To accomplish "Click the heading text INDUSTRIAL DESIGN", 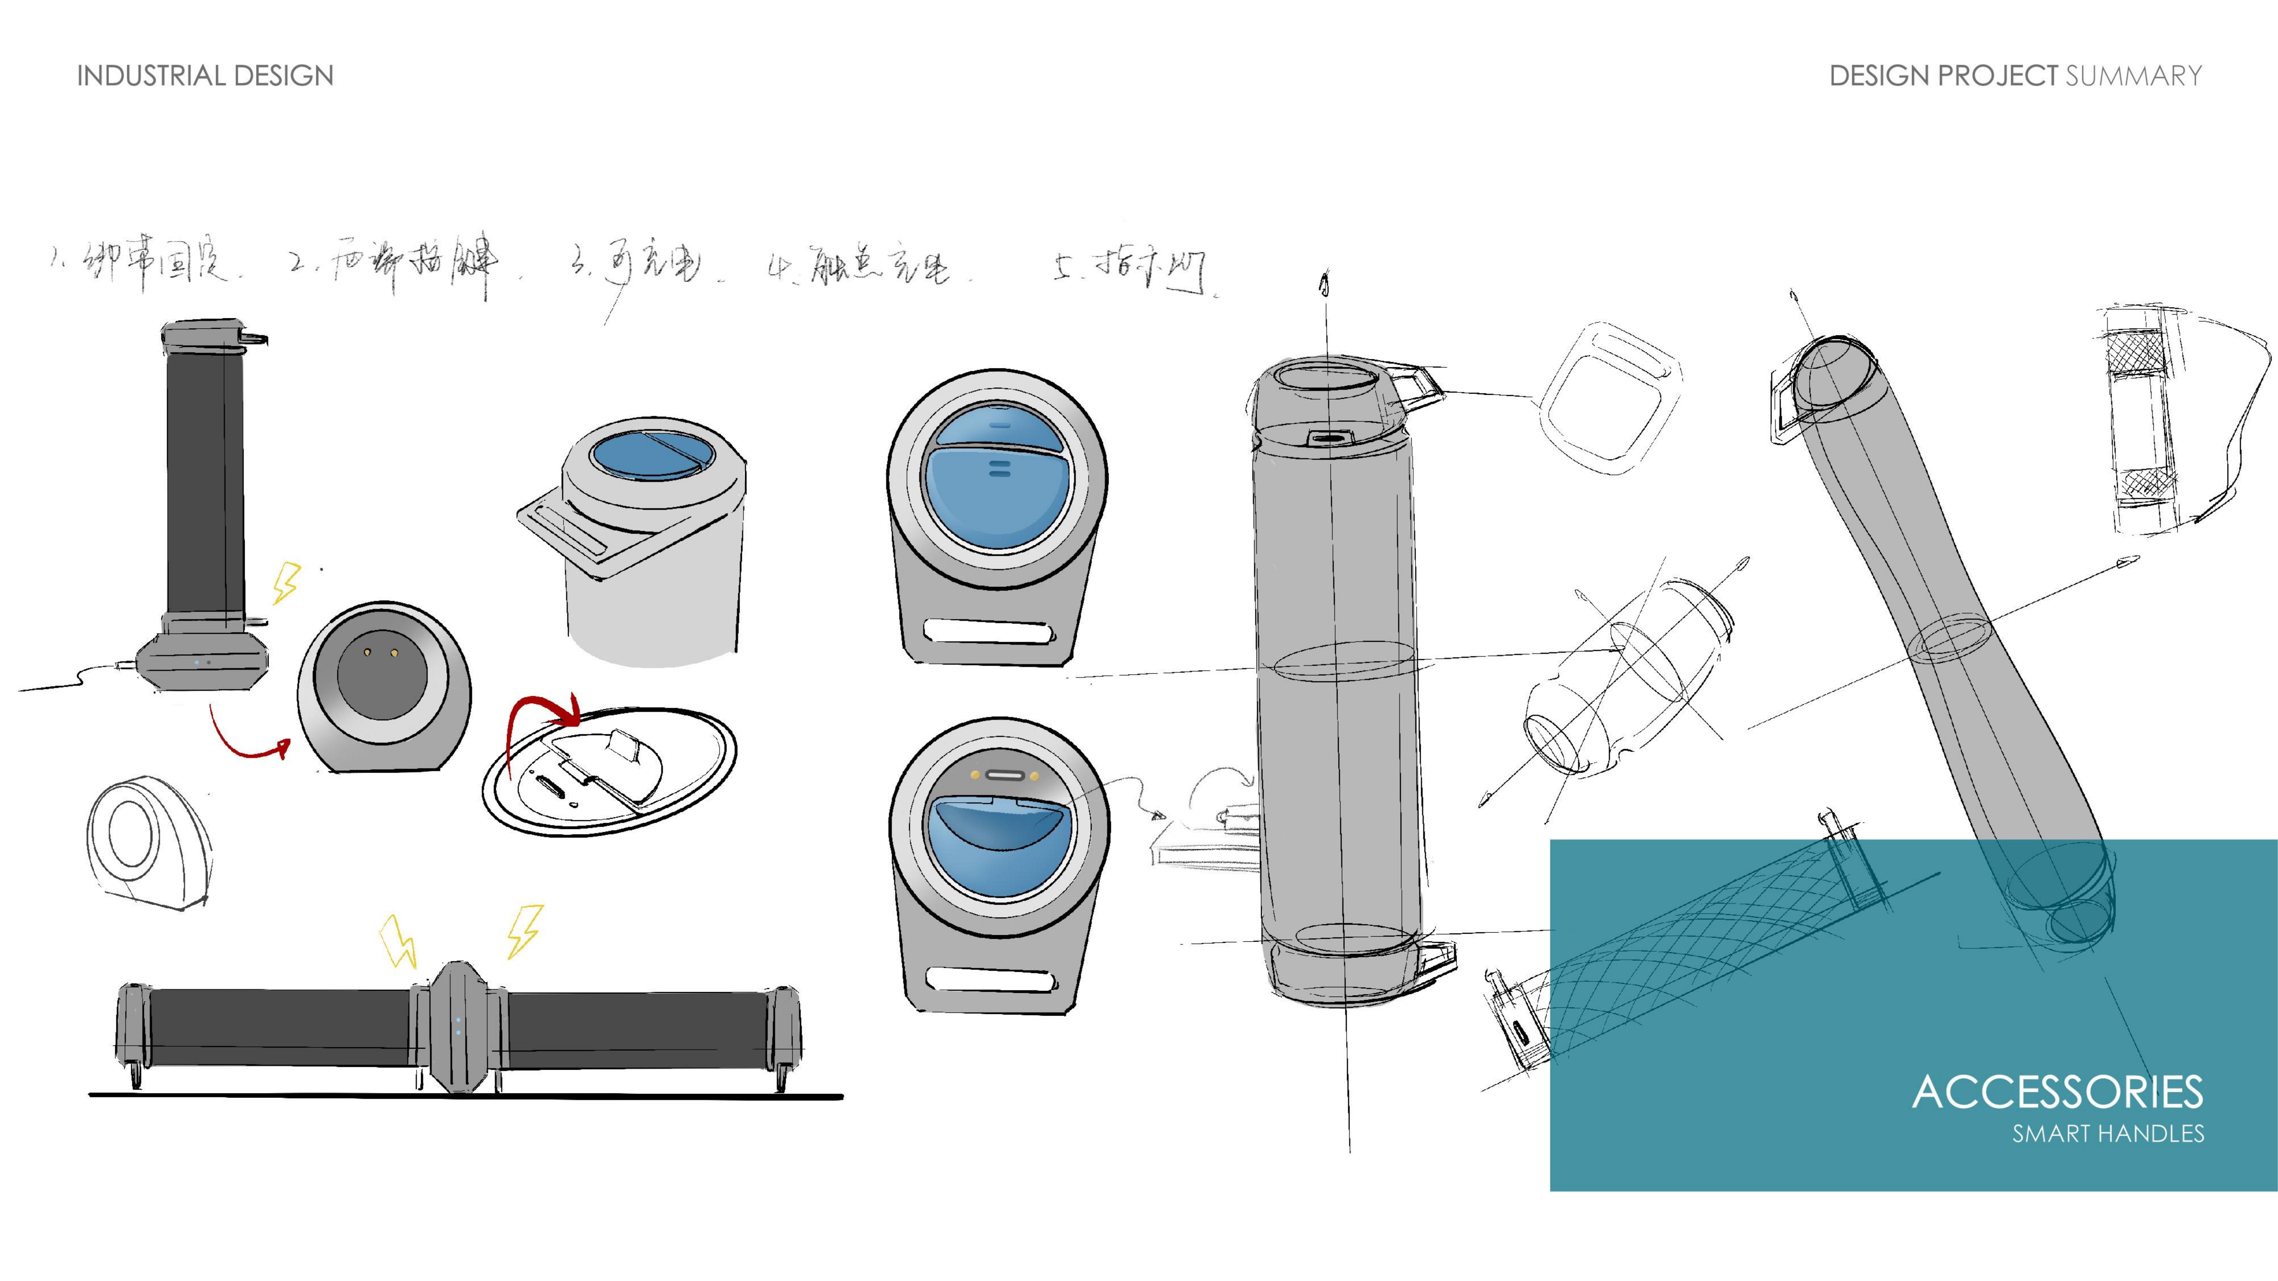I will (x=205, y=76).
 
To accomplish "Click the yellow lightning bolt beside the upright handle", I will (x=286, y=584).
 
